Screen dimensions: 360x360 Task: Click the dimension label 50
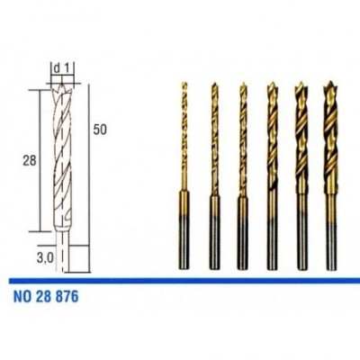(x=100, y=130)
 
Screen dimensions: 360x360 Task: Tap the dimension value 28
(x=30, y=161)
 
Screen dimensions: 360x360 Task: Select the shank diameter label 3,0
(x=45, y=257)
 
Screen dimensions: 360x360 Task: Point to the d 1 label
(x=62, y=69)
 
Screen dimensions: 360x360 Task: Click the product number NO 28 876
(x=46, y=297)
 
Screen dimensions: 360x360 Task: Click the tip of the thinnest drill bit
(x=184, y=82)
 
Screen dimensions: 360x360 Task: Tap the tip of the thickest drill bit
(x=330, y=81)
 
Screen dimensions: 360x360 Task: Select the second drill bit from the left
(x=213, y=175)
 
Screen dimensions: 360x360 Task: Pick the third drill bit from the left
(x=243, y=175)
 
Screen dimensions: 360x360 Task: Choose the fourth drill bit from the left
(x=272, y=175)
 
